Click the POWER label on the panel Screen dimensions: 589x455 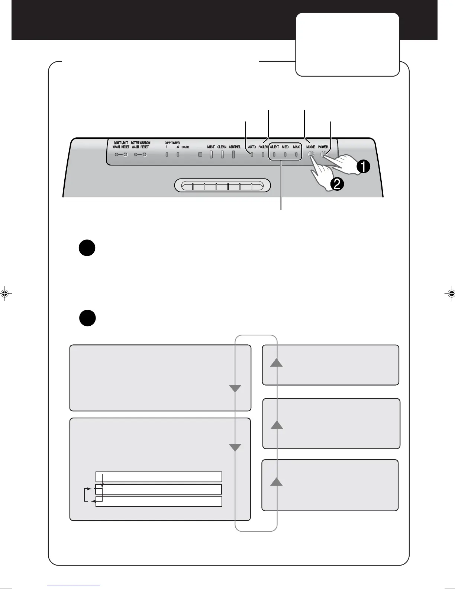click(323, 147)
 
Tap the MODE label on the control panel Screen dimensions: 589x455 click(310, 147)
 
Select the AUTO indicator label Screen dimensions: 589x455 click(252, 147)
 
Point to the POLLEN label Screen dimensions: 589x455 click(263, 147)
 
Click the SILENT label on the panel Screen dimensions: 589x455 click(275, 147)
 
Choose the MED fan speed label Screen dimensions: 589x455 click(285, 147)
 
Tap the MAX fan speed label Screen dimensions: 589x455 click(296, 147)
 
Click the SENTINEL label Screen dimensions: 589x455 click(235, 147)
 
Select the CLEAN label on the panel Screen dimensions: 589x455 click(222, 147)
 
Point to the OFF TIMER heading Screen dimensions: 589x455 click(172, 143)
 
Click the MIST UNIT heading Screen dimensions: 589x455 click(121, 143)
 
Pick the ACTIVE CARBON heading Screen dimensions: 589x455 click(141, 143)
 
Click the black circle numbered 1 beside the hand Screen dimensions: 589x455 click(363, 167)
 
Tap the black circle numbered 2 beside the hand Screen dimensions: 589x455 click(337, 184)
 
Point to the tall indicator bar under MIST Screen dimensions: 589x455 click(211, 154)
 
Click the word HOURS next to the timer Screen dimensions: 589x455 click(185, 147)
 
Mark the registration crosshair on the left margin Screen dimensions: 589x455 click(4, 293)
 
